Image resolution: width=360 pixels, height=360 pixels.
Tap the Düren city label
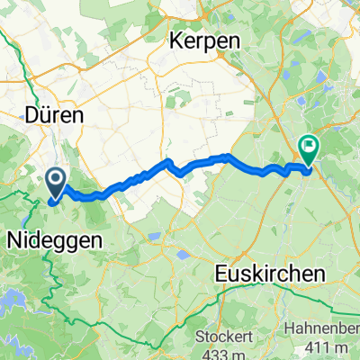(53, 116)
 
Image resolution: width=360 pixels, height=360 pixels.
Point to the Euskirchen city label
(266, 271)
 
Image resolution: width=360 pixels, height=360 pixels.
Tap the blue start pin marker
(55, 183)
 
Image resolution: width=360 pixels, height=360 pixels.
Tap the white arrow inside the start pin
(55, 180)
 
